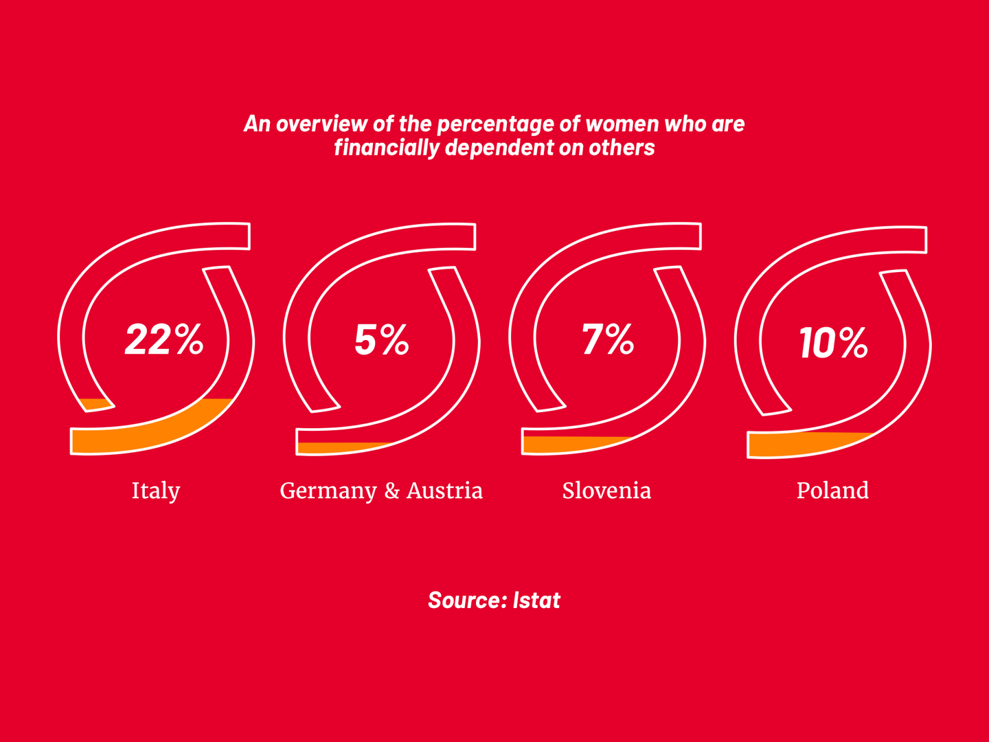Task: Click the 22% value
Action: pyautogui.click(x=164, y=339)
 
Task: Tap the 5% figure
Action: pyautogui.click(x=382, y=339)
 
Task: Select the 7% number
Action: pyautogui.click(x=607, y=339)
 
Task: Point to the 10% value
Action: pyautogui.click(x=833, y=342)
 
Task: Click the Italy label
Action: pyautogui.click(x=156, y=491)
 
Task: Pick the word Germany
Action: pyautogui.click(x=328, y=491)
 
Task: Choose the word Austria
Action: pyautogui.click(x=444, y=491)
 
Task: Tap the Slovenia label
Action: pyautogui.click(x=606, y=491)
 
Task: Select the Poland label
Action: pyautogui.click(x=832, y=491)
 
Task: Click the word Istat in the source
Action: pyautogui.click(x=536, y=600)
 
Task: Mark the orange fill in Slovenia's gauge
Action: pyautogui.click(x=563, y=444)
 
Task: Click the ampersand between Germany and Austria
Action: pyautogui.click(x=391, y=491)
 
